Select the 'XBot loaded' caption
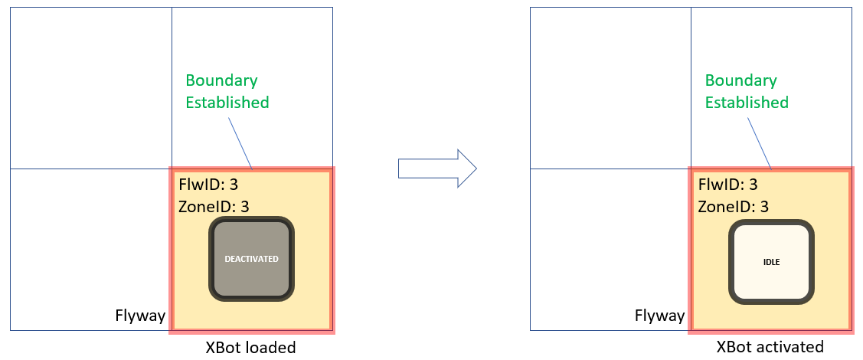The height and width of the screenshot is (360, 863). pyautogui.click(x=250, y=347)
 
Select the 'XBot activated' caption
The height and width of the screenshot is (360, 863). pyautogui.click(x=770, y=347)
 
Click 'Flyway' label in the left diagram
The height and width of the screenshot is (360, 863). pyautogui.click(x=140, y=316)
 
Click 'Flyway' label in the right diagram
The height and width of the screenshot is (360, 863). pyautogui.click(x=660, y=316)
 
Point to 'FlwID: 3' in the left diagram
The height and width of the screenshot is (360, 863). pyautogui.click(x=208, y=185)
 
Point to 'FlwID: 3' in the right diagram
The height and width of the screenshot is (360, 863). pyautogui.click(x=727, y=185)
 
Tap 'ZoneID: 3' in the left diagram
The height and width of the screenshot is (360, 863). pyautogui.click(x=214, y=206)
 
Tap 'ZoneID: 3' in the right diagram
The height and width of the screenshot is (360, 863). pyautogui.click(x=733, y=206)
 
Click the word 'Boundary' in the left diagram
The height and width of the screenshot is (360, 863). pyautogui.click(x=221, y=80)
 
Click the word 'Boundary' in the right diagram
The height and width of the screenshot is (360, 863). pyautogui.click(x=740, y=80)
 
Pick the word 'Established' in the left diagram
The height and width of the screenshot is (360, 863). pyautogui.click(x=227, y=102)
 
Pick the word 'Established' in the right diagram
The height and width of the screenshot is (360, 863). pyautogui.click(x=747, y=102)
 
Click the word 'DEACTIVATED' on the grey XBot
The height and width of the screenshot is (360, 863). pyautogui.click(x=251, y=259)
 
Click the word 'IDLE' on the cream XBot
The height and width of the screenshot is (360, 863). pyautogui.click(x=771, y=262)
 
